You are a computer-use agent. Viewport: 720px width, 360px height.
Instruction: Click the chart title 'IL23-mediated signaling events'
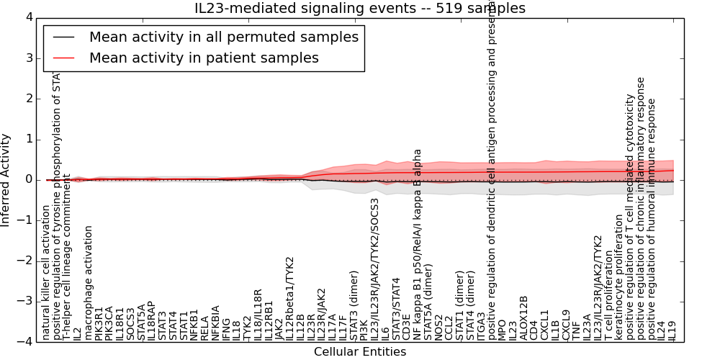[360, 9]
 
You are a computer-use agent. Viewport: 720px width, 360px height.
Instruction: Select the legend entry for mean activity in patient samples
[204, 58]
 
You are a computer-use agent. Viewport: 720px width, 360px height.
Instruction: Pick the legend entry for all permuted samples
[223, 37]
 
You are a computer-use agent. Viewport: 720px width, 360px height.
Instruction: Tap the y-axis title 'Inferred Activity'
[6, 179]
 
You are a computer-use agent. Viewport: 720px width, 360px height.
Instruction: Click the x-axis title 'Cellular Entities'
[360, 352]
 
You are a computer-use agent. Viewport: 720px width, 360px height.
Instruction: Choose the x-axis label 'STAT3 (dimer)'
[354, 305]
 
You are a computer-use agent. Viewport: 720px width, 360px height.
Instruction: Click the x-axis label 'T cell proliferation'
[608, 296]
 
